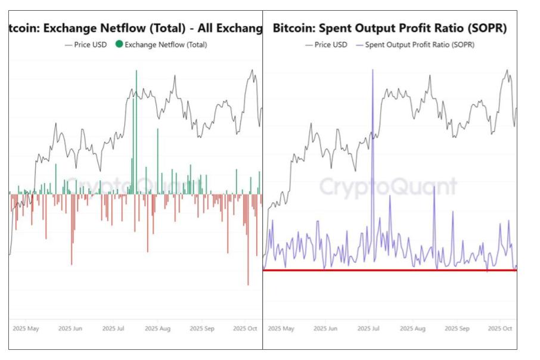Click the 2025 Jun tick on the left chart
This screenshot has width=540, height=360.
[x=70, y=328]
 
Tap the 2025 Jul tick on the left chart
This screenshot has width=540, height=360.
[x=113, y=328]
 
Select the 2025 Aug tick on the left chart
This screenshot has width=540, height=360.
[x=157, y=328]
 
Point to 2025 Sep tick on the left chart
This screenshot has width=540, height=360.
[x=201, y=328]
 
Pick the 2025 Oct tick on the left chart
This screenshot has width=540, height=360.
[x=244, y=328]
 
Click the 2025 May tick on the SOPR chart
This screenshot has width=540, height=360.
[x=281, y=328]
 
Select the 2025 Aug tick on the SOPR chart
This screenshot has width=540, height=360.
[x=412, y=328]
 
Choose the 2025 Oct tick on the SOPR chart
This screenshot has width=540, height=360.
[x=499, y=328]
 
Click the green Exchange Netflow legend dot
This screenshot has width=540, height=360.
[x=119, y=45]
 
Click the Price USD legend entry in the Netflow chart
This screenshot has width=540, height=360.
[x=86, y=45]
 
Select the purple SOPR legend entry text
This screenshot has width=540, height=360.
[x=420, y=45]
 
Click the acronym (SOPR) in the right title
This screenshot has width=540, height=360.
[x=486, y=28]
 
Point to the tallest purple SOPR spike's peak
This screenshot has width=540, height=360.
[x=373, y=70]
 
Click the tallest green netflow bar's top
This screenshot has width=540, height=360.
[x=136, y=70]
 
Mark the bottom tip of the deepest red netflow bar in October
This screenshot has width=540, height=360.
[x=248, y=285]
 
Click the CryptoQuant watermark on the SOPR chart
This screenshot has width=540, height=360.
[x=389, y=187]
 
